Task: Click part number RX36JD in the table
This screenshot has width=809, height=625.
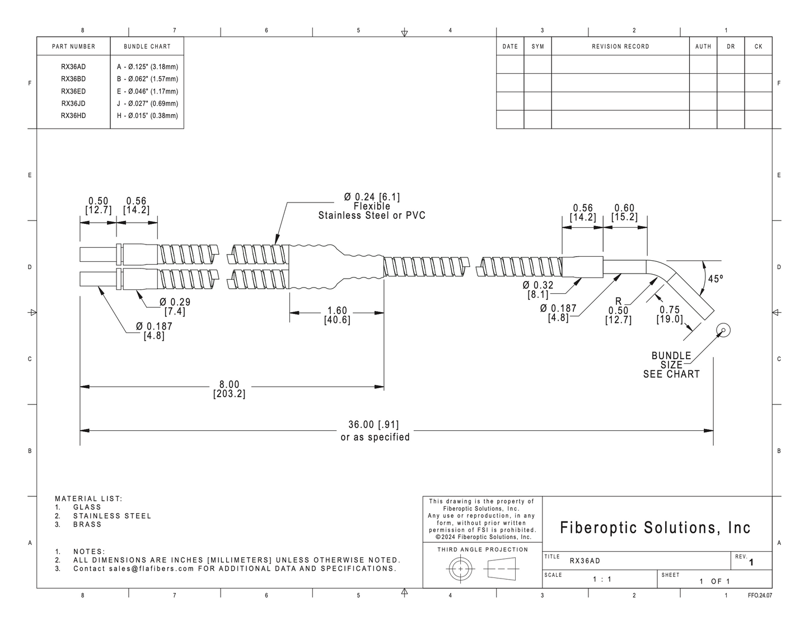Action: pyautogui.click(x=73, y=104)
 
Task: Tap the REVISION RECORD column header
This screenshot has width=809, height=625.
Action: pyautogui.click(x=620, y=46)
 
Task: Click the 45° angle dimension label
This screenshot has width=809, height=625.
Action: pyautogui.click(x=715, y=279)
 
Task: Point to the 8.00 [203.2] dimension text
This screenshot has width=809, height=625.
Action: pyautogui.click(x=230, y=389)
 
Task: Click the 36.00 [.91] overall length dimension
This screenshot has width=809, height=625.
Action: pyautogui.click(x=373, y=425)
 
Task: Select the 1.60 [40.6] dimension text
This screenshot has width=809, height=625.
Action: pyautogui.click(x=337, y=315)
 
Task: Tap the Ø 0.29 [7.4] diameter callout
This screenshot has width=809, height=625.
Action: pyautogui.click(x=175, y=307)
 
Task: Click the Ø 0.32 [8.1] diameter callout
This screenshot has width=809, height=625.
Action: pyautogui.click(x=538, y=290)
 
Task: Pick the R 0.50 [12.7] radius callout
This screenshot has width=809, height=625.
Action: pyautogui.click(x=619, y=311)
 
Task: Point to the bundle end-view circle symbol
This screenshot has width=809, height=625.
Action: pyautogui.click(x=723, y=330)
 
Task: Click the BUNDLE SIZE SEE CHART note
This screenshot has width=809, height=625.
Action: pyautogui.click(x=672, y=365)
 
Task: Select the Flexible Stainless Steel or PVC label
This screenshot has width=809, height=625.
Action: pyautogui.click(x=372, y=210)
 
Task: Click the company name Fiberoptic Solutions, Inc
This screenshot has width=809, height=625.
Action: pyautogui.click(x=655, y=528)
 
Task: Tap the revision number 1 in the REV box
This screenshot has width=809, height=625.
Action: pyautogui.click(x=751, y=562)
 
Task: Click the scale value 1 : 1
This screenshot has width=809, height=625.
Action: pyautogui.click(x=602, y=579)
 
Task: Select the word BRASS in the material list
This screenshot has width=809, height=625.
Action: pyautogui.click(x=87, y=524)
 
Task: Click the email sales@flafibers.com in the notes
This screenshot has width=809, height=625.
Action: pyautogui.click(x=152, y=568)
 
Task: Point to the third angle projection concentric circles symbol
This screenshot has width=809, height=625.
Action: pyautogui.click(x=461, y=569)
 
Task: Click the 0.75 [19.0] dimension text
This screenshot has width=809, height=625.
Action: pyautogui.click(x=670, y=314)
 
